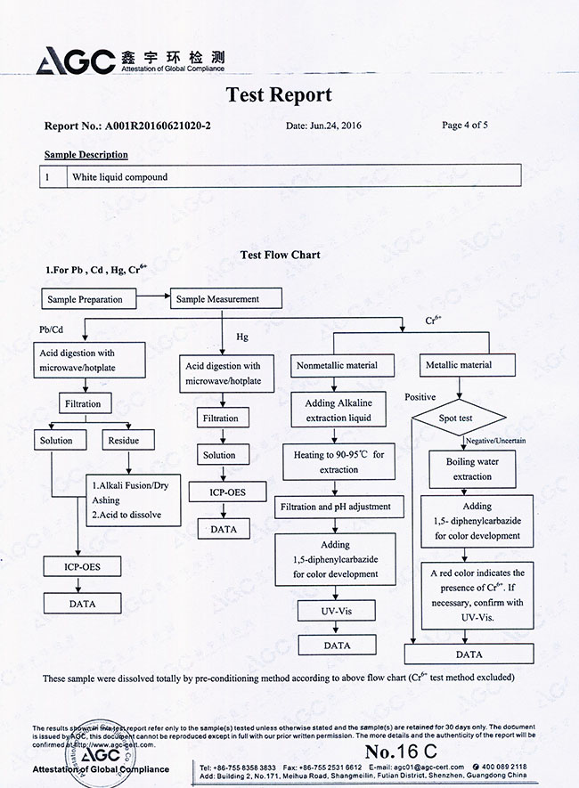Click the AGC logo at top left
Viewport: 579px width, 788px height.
(x=76, y=60)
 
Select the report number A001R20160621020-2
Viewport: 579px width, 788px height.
(x=159, y=126)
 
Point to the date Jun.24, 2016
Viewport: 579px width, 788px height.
(x=324, y=126)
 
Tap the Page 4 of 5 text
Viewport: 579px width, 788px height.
(x=464, y=126)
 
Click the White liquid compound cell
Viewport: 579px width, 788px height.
(x=120, y=177)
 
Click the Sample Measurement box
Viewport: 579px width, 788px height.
(x=226, y=299)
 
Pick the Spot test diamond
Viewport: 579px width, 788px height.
(x=458, y=417)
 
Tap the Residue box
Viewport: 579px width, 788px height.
(x=124, y=440)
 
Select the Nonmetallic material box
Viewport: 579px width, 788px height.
(x=336, y=365)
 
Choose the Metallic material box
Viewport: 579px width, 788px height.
(x=459, y=365)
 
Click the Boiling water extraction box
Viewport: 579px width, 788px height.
(x=472, y=469)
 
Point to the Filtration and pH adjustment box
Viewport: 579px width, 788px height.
(x=336, y=507)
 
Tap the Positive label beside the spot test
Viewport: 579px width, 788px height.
(x=420, y=397)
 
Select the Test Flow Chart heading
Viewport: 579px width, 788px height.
(x=281, y=255)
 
